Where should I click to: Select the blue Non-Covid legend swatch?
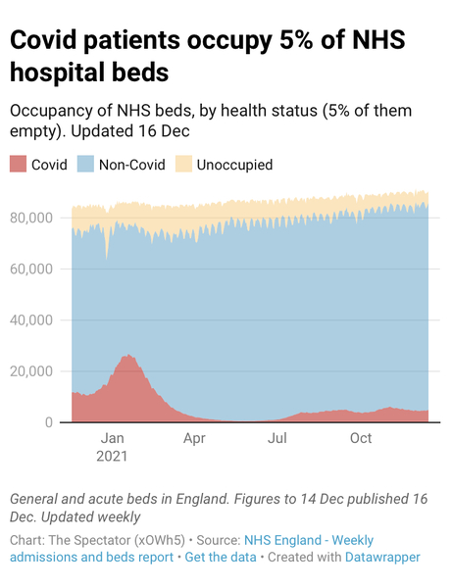coord(86,165)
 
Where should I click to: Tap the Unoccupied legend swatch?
coord(183,165)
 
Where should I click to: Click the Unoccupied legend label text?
coord(234,165)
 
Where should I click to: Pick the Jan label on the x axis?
coord(112,438)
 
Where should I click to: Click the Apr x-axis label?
coord(194,438)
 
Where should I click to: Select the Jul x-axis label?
coord(278,438)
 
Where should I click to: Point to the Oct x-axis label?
coord(361,438)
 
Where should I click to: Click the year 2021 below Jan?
coord(112,456)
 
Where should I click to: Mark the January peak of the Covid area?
coord(126,357)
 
